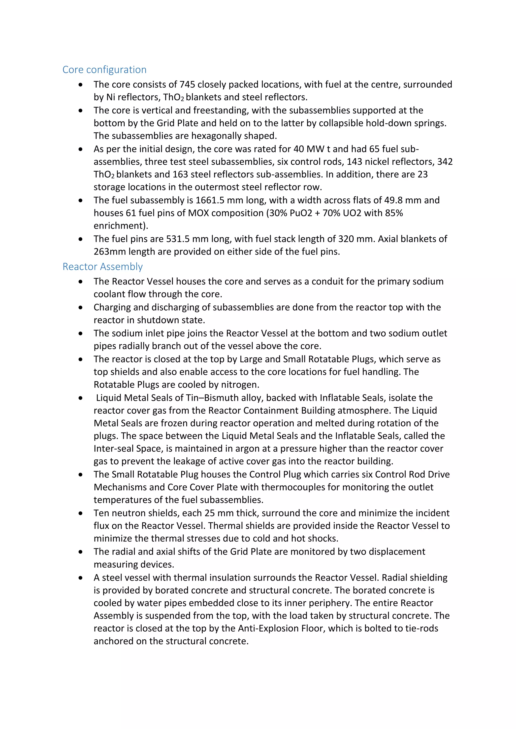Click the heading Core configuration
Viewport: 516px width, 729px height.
pos(104,69)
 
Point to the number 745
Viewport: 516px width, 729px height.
pos(187,85)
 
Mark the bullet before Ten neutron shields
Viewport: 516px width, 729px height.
pos(81,514)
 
